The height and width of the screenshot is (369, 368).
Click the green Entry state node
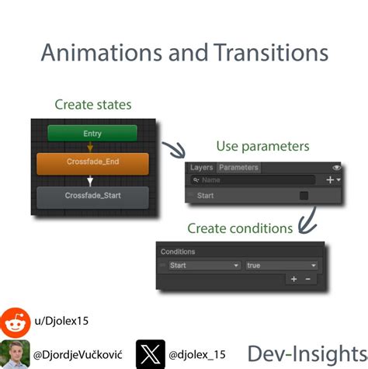click(92, 134)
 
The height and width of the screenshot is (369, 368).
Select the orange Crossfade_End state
click(92, 163)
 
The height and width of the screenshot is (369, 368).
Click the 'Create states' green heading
click(92, 104)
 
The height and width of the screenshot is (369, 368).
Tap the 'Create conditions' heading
click(239, 228)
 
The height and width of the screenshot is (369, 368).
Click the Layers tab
click(201, 167)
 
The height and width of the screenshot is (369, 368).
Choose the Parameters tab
click(238, 167)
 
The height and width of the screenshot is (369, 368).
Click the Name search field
click(256, 179)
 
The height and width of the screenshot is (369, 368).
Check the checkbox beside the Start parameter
click(304, 196)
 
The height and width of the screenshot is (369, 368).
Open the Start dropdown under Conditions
click(204, 265)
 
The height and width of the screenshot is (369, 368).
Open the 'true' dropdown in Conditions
click(280, 265)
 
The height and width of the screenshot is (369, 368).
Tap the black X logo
click(148, 353)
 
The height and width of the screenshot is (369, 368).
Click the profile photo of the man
click(15, 353)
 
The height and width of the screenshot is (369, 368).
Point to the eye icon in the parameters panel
click(336, 167)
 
